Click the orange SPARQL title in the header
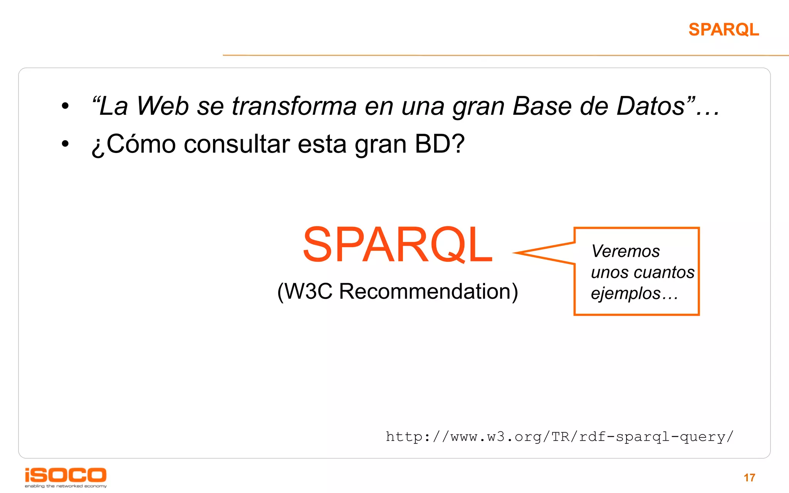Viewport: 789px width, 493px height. click(724, 30)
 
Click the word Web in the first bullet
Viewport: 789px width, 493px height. click(163, 106)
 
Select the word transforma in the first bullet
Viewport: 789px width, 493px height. click(294, 106)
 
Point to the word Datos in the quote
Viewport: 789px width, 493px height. click(651, 106)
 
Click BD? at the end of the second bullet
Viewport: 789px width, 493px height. click(440, 144)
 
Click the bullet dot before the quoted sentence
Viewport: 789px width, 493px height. click(65, 106)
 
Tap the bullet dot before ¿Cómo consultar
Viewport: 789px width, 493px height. click(65, 144)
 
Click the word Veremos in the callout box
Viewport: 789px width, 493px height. click(626, 252)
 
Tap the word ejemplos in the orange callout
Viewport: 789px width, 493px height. click(626, 293)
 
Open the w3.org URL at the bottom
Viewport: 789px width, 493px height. click(559, 437)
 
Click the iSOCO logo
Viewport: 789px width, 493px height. click(65, 476)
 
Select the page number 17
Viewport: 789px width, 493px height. click(749, 478)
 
